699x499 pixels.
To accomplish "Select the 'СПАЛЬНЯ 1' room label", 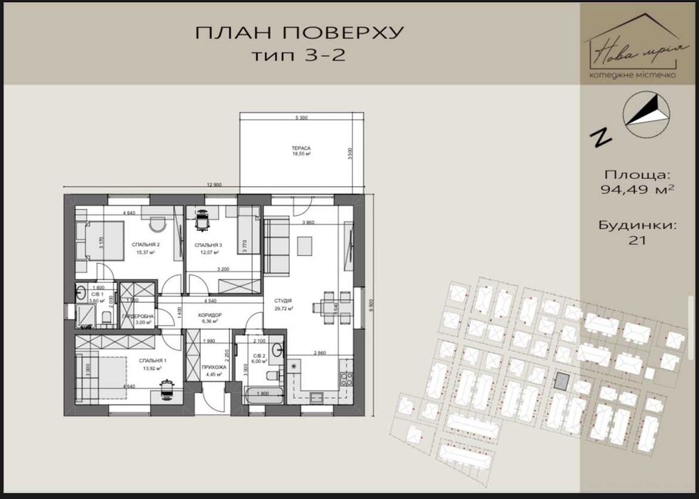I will point(152,361).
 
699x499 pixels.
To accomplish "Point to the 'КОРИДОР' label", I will point(210,315).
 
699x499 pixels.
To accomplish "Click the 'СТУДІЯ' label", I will point(285,302).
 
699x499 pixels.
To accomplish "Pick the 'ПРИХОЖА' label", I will point(214,366).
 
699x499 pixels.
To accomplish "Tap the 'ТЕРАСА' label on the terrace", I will point(302,147).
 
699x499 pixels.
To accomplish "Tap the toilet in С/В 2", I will point(276,349).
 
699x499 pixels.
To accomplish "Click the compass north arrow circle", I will point(646,114).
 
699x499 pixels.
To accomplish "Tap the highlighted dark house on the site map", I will point(562,381).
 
